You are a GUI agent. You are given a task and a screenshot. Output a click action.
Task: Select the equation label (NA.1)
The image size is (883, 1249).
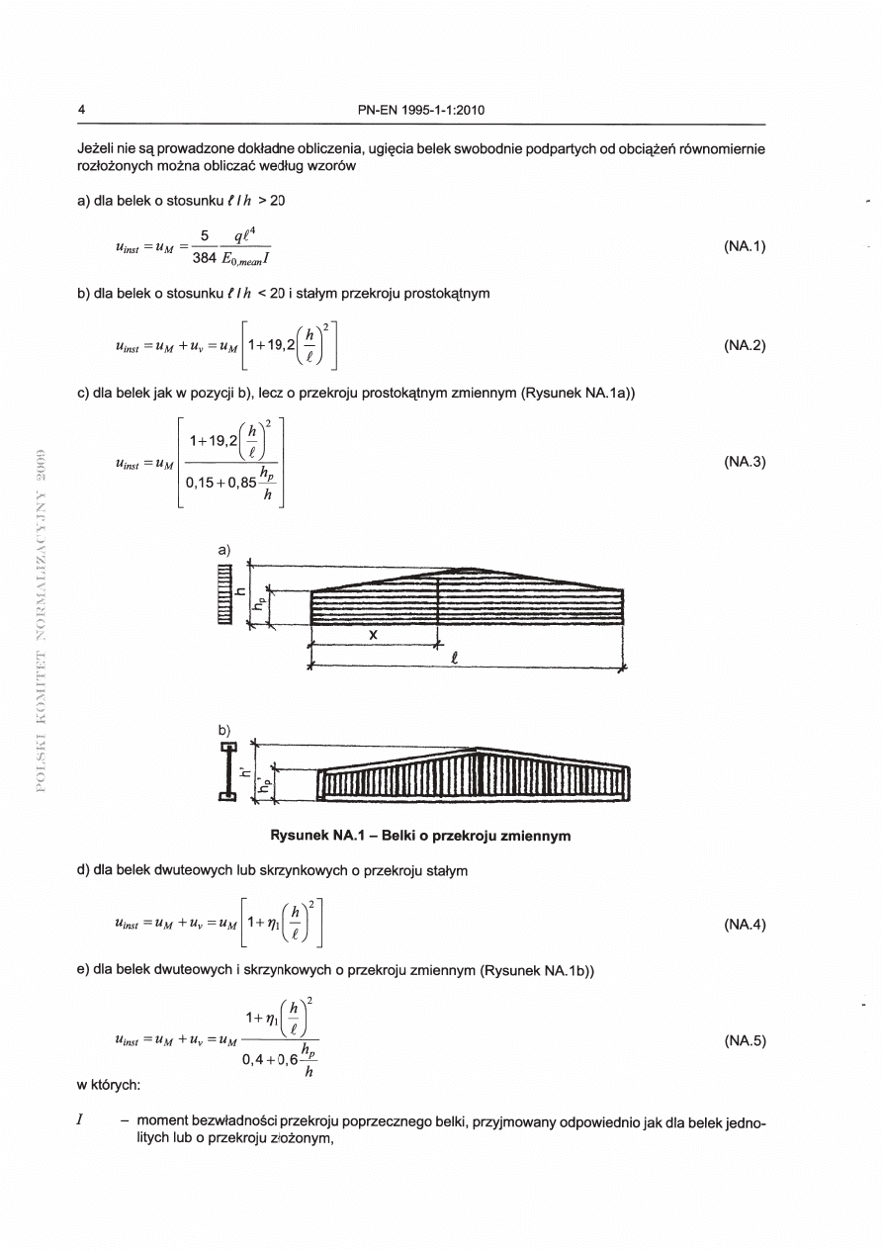pyautogui.click(x=745, y=247)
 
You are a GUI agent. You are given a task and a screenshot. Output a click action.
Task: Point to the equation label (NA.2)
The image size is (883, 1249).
pyautogui.click(x=745, y=346)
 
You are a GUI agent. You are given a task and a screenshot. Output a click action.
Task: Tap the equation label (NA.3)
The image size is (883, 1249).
pyautogui.click(x=745, y=462)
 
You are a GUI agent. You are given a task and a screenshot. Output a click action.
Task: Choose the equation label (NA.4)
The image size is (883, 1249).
pyautogui.click(x=745, y=926)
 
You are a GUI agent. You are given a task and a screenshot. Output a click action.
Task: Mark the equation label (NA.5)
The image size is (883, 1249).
pyautogui.click(x=745, y=1040)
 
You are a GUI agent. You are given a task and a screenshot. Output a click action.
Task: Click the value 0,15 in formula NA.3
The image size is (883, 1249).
pyautogui.click(x=204, y=486)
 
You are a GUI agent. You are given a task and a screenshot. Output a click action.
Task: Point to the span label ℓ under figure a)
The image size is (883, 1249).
pyautogui.click(x=453, y=659)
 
